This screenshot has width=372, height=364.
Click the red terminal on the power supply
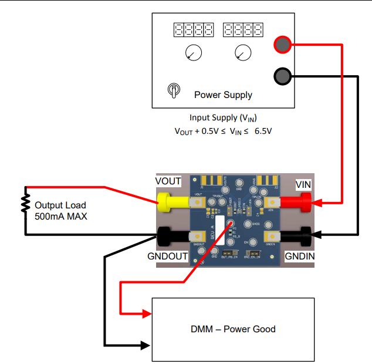[x=282, y=45]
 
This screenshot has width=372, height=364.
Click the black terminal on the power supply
[x=282, y=76]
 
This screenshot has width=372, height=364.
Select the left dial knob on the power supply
[x=192, y=53]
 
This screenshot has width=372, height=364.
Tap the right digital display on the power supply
[x=242, y=29]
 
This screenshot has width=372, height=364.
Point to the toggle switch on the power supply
[x=174, y=90]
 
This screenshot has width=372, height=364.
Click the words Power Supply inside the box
[x=223, y=95]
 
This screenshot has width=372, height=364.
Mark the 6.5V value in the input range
[x=259, y=131]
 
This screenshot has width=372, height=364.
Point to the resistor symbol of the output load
[x=25, y=203]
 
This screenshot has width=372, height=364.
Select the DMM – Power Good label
[x=233, y=329]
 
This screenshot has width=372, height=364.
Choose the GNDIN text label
[x=299, y=257]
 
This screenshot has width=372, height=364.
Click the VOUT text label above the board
[x=168, y=181]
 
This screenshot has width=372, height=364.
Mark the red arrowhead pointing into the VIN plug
[x=318, y=204]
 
